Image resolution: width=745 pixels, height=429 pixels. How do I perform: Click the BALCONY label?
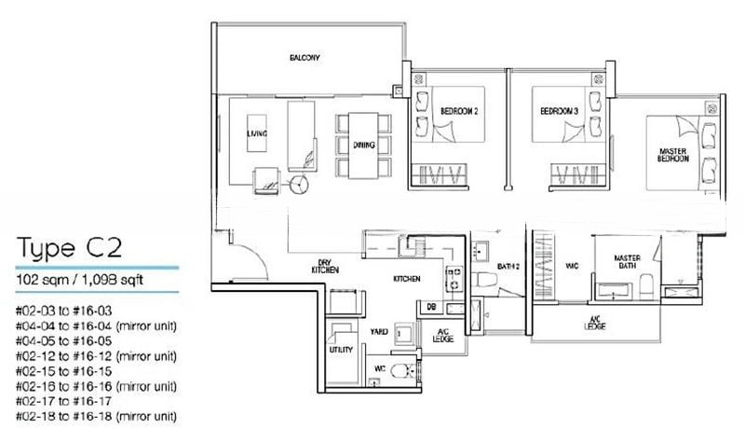[x=305, y=59]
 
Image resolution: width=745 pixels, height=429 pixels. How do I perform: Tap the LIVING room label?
[x=256, y=134]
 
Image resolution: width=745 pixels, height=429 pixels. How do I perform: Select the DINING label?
[x=363, y=145]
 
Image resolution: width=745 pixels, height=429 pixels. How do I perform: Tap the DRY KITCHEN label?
[x=326, y=266]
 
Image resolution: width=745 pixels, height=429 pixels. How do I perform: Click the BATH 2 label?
[x=508, y=267]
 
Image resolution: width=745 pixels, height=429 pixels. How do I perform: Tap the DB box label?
[x=432, y=306]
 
